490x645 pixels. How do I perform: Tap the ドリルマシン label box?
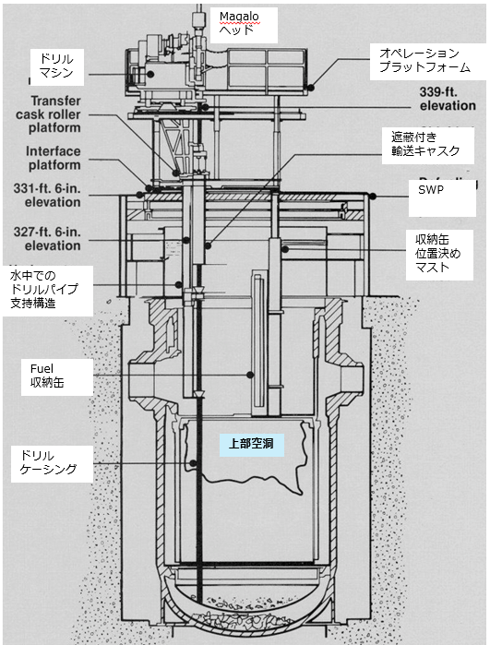click(57, 67)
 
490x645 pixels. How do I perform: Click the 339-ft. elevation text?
click(448, 99)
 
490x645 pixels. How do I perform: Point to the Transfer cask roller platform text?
click(48, 114)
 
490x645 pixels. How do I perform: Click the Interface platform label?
click(54, 158)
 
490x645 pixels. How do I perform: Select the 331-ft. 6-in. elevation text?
click(47, 196)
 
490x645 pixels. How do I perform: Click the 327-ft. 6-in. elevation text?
click(47, 239)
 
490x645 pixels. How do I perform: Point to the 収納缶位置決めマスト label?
click(439, 255)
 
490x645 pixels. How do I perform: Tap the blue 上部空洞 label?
click(251, 445)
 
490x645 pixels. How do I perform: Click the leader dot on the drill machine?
click(151, 74)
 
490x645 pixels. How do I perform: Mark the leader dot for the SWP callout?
click(373, 197)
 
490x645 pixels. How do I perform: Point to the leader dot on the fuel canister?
click(250, 375)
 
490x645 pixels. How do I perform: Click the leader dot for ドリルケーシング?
click(193, 463)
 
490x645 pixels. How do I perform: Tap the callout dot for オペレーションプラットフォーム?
click(311, 88)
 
